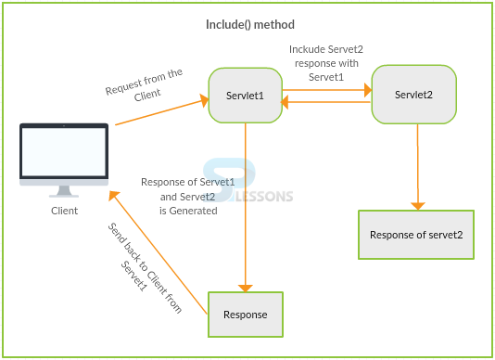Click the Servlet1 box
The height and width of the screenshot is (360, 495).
point(246,95)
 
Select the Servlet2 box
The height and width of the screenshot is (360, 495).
point(413,95)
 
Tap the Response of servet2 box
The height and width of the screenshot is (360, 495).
point(422,234)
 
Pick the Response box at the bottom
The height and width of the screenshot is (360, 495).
point(245,315)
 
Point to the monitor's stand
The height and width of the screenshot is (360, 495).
point(64,190)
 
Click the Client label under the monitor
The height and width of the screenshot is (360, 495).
point(64,211)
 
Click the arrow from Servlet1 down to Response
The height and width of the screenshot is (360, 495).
point(246,204)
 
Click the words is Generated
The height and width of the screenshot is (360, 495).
point(188,211)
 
